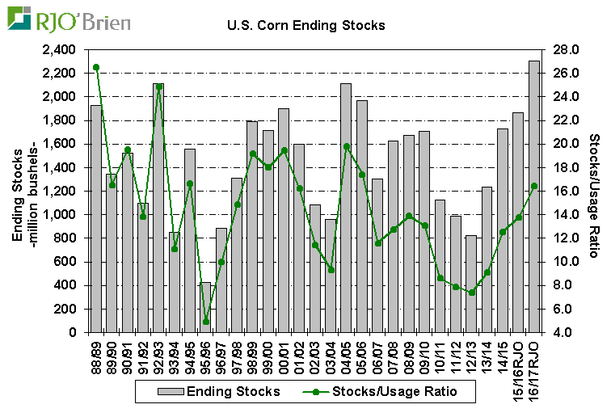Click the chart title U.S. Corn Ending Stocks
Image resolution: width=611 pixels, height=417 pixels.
[x=306, y=25]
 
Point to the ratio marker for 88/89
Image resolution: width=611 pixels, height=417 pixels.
[x=96, y=67]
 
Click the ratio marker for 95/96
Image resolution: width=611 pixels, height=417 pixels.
[x=205, y=322]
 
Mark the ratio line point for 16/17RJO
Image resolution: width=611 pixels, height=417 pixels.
[x=533, y=186]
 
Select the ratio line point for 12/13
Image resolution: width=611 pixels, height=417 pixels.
[x=471, y=293]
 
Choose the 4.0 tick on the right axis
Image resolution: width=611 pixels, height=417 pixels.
[x=563, y=333]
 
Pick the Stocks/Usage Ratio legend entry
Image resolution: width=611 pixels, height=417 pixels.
[x=383, y=392]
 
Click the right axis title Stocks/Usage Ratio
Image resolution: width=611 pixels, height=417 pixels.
[x=595, y=191]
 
